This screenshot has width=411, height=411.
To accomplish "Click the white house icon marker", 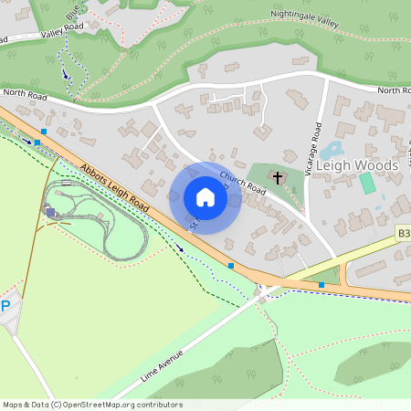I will [x=205, y=197].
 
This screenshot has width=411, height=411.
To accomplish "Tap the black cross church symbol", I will [x=278, y=176].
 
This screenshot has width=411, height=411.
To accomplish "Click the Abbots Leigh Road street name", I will [x=114, y=189].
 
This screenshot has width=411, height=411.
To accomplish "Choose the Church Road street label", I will [x=242, y=184].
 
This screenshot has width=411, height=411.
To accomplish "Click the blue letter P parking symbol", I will [x=5, y=307].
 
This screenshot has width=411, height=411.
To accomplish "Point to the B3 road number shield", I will [x=403, y=235].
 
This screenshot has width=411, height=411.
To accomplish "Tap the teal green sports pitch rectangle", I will [x=367, y=183].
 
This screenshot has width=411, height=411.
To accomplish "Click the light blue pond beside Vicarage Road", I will [x=330, y=149].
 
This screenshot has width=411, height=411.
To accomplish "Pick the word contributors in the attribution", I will [x=154, y=404].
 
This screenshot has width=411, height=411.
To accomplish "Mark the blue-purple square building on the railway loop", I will [x=50, y=213].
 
